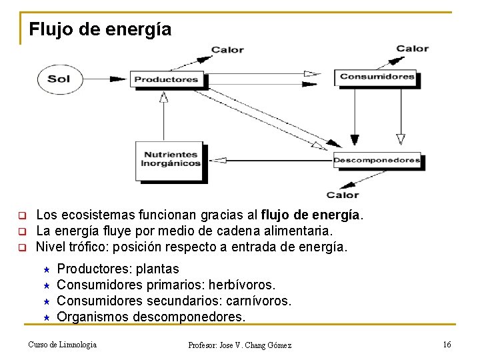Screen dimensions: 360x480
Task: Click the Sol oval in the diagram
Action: coord(59,79)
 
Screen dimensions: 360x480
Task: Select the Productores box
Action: coord(166,79)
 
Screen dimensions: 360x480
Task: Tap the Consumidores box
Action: coord(377,77)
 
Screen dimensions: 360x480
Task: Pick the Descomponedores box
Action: coord(377,160)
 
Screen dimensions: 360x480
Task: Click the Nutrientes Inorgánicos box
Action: coord(170,159)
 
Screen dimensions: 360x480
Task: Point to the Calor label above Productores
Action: coord(227,50)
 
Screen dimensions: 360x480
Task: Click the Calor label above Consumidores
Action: coord(412,48)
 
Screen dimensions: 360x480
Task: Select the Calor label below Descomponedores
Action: coord(343,195)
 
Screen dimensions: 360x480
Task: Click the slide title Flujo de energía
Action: coord(100,30)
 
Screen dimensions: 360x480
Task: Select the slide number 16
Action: coord(447,344)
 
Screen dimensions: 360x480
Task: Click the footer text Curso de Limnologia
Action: coord(62,344)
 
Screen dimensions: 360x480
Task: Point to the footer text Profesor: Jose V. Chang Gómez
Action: coord(239,345)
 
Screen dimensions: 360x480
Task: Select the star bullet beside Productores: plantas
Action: coord(47,269)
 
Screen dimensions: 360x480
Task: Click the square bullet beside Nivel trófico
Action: coord(21,247)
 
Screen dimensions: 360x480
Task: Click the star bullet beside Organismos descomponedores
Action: coord(47,317)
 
